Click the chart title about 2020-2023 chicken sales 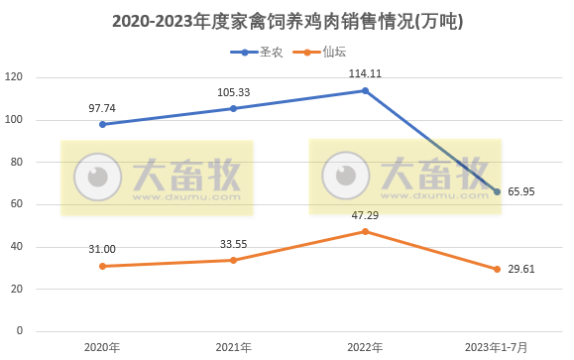point(287,20)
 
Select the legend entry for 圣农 point(257,53)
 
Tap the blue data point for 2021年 point(233,108)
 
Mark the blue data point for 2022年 point(365,90)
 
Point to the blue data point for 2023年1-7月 point(498,191)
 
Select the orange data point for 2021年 point(233,260)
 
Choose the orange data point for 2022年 point(365,231)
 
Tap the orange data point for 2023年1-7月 point(498,269)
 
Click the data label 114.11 point(365,73)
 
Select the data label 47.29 point(365,214)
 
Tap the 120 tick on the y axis point(14,77)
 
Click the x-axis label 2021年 point(233,347)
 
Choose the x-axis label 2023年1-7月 point(498,347)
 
